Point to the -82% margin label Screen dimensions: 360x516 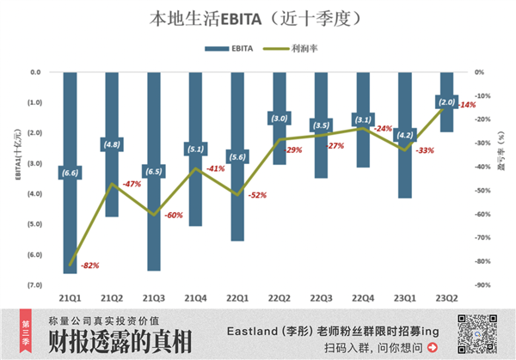[x=89, y=265]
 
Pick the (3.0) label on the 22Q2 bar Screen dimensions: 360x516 [x=279, y=119]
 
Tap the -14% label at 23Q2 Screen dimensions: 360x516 [x=467, y=105]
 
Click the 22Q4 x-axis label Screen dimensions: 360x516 [x=362, y=297]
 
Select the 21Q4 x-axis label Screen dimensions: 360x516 [x=197, y=297]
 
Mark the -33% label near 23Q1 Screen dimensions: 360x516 [x=424, y=150]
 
